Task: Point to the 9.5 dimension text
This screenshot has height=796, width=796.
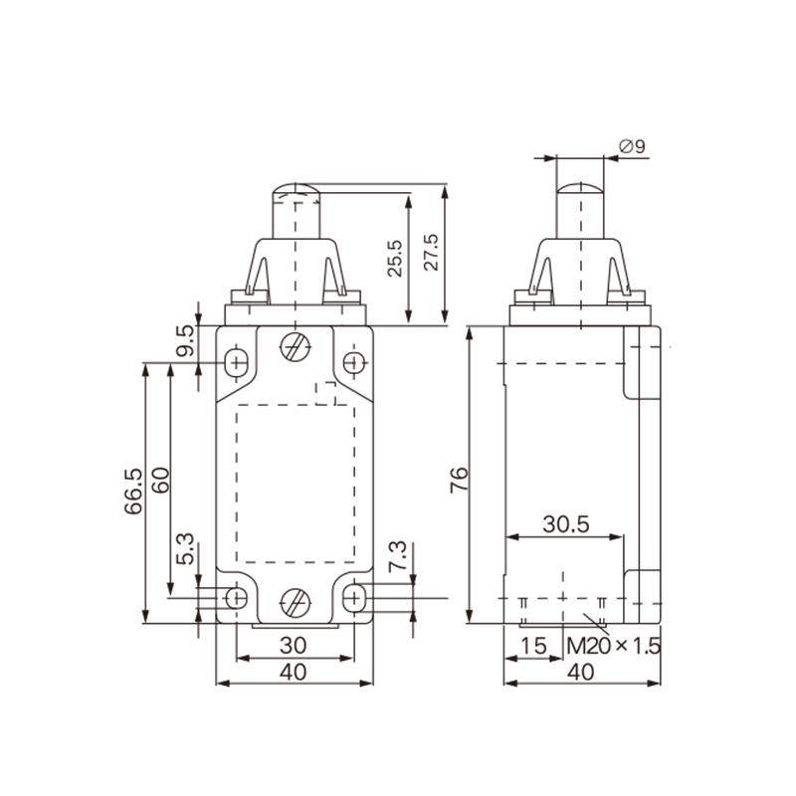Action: coord(185,342)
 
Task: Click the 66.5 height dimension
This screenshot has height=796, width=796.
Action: coord(133,492)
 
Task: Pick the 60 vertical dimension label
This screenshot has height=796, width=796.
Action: coord(159,492)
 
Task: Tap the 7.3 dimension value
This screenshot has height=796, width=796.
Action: coord(396,554)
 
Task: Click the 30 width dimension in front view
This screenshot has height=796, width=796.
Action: coord(293,645)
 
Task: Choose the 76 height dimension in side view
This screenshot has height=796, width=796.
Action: coord(457,480)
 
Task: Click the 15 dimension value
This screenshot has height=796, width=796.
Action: coord(534,646)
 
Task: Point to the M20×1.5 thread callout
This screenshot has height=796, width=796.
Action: coord(614,646)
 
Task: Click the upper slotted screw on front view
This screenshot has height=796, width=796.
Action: coord(295,348)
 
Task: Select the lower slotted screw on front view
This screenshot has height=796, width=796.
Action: coord(295,601)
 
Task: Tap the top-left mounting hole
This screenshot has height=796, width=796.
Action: coord(237,362)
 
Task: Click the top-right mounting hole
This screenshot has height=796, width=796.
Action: coord(354,362)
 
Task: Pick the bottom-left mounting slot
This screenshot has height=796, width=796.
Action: coord(237,598)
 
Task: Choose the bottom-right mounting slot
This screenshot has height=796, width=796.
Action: coord(353,598)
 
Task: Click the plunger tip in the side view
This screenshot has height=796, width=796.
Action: coord(580,187)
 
